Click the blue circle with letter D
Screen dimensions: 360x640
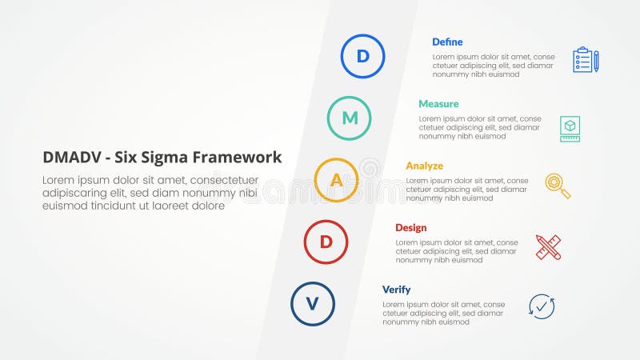362,56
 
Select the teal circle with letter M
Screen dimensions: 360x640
350,118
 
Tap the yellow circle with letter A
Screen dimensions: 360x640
337,180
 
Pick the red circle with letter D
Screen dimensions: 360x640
326,242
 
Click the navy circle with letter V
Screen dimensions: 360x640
313,304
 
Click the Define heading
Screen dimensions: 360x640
447,42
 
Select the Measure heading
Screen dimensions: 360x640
438,104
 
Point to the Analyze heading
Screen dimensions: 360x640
424,166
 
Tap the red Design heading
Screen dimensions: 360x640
410,228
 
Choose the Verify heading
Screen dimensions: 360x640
396,290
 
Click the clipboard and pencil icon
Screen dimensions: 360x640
585,60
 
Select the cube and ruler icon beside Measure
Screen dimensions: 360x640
570,128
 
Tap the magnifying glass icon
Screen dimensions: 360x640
558,186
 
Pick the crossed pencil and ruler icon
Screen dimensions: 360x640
549,247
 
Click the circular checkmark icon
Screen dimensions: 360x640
542,307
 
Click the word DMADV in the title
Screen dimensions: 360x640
67,158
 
